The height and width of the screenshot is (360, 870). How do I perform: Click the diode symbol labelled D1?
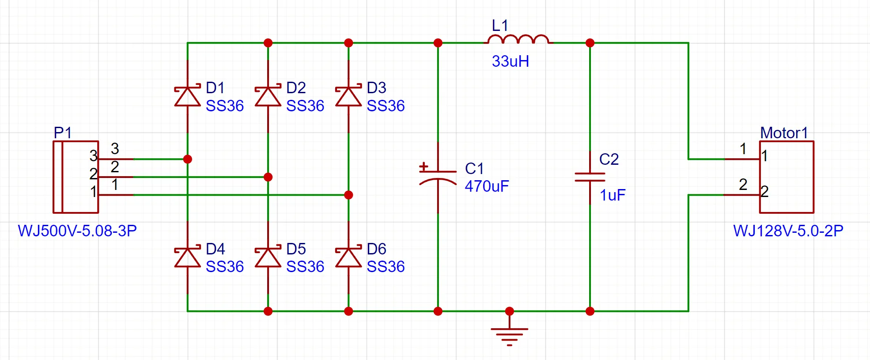[188, 96]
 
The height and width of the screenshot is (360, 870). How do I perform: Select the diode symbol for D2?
[268, 96]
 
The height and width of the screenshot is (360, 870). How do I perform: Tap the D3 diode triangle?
[348, 96]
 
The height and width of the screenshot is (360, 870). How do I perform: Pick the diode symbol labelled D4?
[188, 258]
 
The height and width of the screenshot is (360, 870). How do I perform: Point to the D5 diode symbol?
[268, 258]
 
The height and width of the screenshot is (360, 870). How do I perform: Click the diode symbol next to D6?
[348, 258]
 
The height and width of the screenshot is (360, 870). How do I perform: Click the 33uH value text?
[511, 61]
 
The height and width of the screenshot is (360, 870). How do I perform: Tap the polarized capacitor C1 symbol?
[438, 177]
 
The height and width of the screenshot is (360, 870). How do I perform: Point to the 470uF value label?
[487, 186]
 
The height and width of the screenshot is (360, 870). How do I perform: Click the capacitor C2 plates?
[590, 177]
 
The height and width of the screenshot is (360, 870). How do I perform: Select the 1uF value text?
[613, 195]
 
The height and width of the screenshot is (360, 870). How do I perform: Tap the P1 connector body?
[76, 177]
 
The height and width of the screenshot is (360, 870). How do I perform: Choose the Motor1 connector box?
[787, 177]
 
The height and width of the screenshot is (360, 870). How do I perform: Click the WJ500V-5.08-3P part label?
[77, 231]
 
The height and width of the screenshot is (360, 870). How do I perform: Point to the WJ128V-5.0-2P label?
[788, 231]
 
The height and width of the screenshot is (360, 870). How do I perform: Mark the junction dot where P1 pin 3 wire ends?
[188, 159]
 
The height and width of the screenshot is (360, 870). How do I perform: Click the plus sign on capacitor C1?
[424, 167]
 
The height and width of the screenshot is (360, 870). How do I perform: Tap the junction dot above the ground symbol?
[510, 311]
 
